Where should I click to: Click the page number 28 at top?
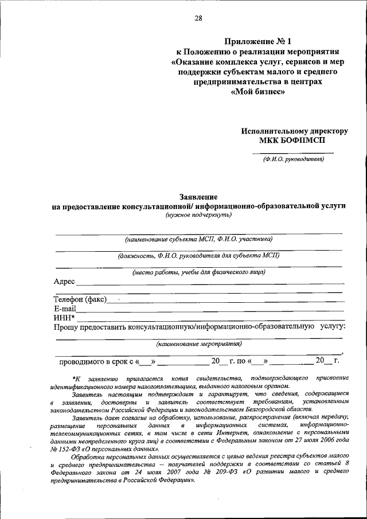click(198, 18)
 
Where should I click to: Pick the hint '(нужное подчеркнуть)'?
click(198, 214)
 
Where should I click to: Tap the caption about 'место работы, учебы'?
click(198, 272)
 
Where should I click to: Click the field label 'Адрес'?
click(64, 282)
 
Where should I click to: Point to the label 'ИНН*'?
click(64, 317)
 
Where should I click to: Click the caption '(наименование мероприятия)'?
click(199, 344)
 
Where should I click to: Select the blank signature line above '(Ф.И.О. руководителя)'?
click(293, 153)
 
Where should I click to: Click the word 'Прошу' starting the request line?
click(66, 326)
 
